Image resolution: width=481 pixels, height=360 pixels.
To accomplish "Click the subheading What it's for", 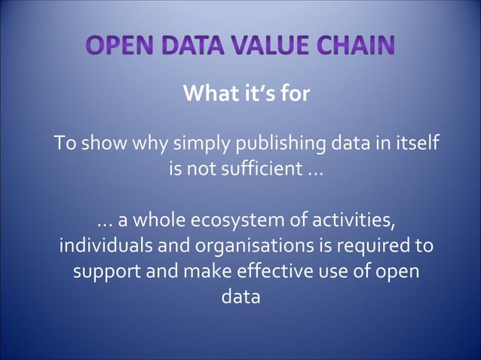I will pos(247,96).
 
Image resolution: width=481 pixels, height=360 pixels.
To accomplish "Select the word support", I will pos(106,272).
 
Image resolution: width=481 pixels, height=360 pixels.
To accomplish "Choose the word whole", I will pos(158,222).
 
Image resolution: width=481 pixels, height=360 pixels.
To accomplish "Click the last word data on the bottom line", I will pos(240,297).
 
